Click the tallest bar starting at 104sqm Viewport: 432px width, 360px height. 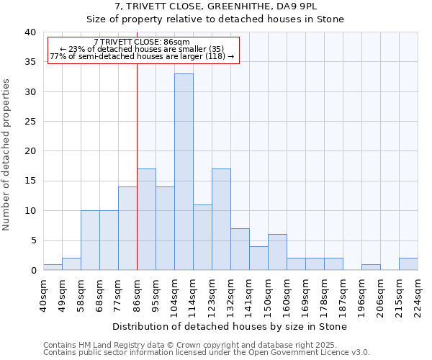click(x=184, y=172)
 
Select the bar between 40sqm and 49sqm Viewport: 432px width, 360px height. click(x=53, y=267)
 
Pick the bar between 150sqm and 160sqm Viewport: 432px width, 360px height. click(x=277, y=252)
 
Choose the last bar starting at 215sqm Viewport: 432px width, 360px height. click(x=408, y=264)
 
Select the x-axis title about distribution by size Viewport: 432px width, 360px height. click(x=230, y=326)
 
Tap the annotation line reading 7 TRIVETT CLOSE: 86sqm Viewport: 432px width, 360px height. click(x=142, y=42)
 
